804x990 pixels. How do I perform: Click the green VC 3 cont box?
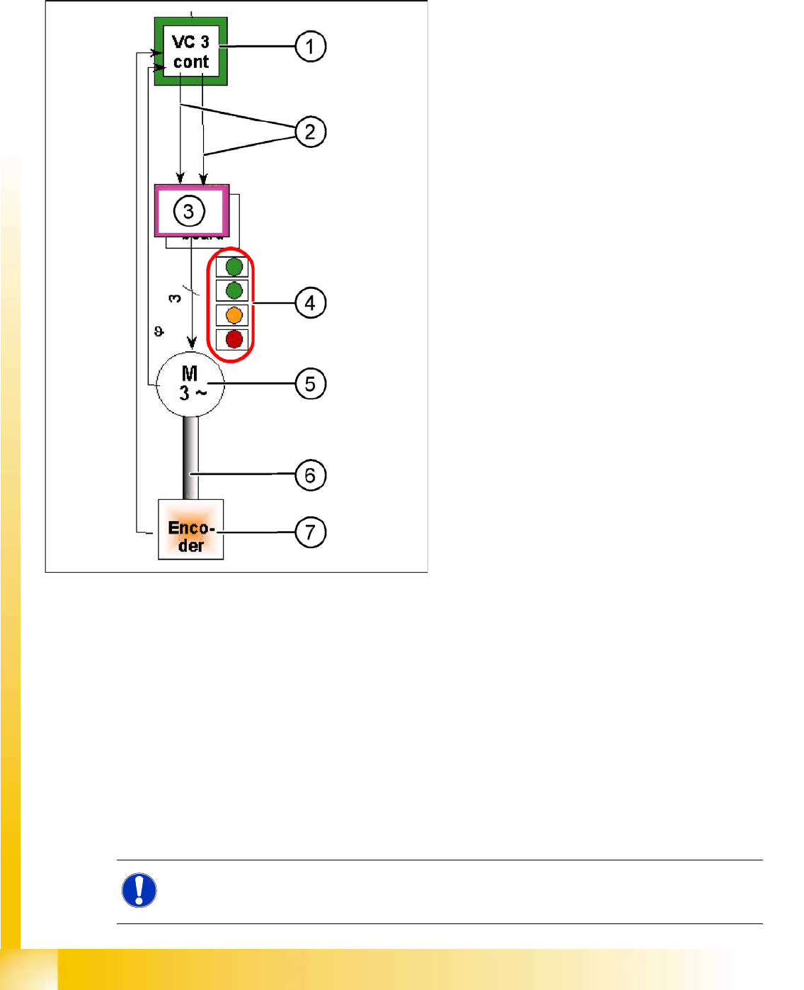(x=190, y=52)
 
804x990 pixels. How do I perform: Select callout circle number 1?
(x=310, y=47)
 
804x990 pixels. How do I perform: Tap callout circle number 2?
(x=310, y=132)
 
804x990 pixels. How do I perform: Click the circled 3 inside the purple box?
(x=189, y=211)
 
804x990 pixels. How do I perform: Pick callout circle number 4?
(x=310, y=303)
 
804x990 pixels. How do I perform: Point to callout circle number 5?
(x=310, y=384)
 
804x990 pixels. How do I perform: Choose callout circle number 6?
(x=310, y=475)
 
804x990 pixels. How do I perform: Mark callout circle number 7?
(x=310, y=533)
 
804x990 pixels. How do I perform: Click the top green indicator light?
(x=234, y=267)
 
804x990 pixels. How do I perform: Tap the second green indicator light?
(x=234, y=290)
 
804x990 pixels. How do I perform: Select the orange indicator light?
(x=234, y=315)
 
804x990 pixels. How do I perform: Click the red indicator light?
(x=234, y=339)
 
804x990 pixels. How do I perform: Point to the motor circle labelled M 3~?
(x=189, y=384)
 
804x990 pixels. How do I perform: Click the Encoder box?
(x=190, y=530)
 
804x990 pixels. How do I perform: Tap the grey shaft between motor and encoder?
(x=190, y=457)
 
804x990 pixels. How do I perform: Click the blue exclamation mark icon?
(x=139, y=891)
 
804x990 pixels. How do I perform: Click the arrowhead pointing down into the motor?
(x=191, y=343)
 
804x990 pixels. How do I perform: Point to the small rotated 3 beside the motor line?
(x=175, y=298)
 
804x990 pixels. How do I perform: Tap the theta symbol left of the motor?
(x=159, y=331)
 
